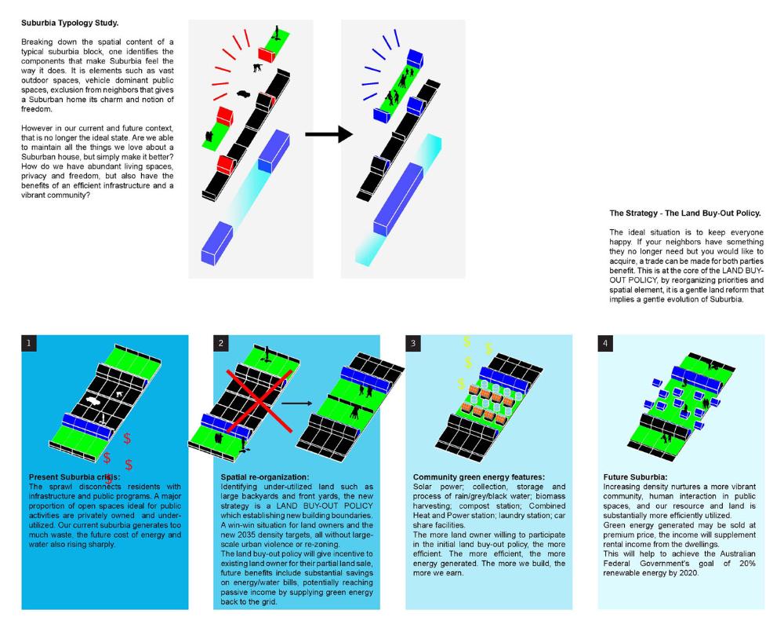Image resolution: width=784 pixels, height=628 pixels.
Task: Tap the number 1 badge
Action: tap(29, 343)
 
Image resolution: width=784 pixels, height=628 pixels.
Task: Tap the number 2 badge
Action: tap(220, 343)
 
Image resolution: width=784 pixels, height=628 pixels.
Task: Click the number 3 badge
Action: tap(412, 343)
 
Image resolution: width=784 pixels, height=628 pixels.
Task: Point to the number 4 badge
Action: tap(604, 343)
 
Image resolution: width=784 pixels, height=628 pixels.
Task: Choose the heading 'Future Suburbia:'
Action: tap(635, 476)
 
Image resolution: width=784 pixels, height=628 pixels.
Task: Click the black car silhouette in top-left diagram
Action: tap(243, 95)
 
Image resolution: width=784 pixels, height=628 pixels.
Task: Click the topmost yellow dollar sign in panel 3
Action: tap(467, 341)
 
